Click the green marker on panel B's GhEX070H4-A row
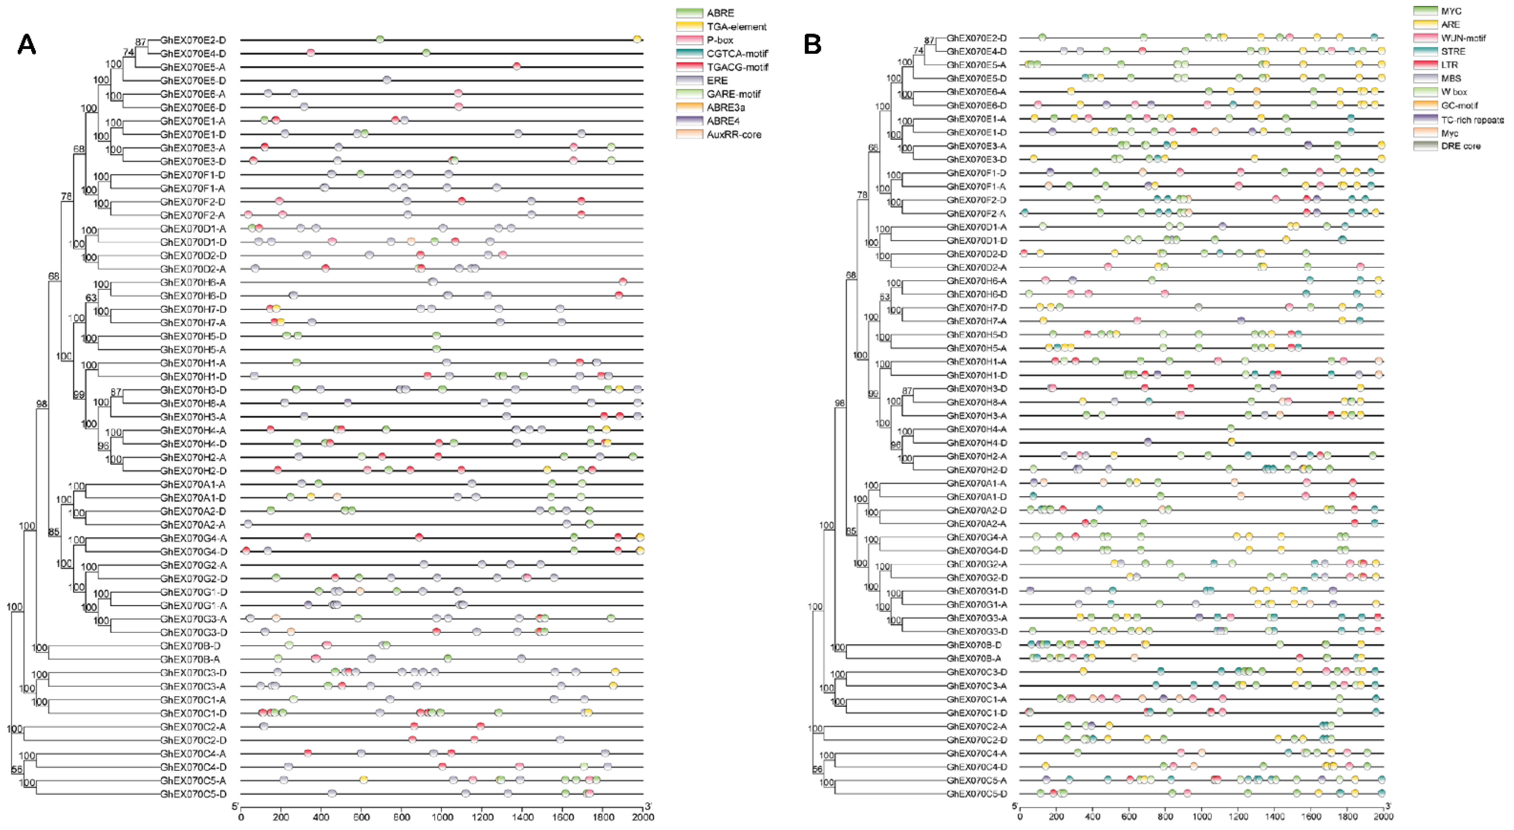tap(1231, 429)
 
